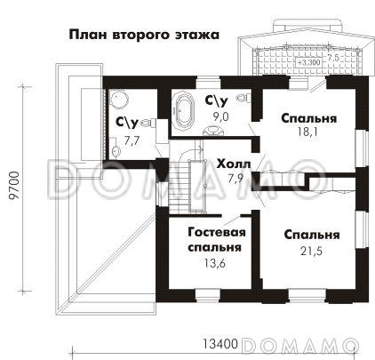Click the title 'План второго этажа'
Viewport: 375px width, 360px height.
coord(145,36)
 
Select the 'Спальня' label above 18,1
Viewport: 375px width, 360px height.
coord(308,117)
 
